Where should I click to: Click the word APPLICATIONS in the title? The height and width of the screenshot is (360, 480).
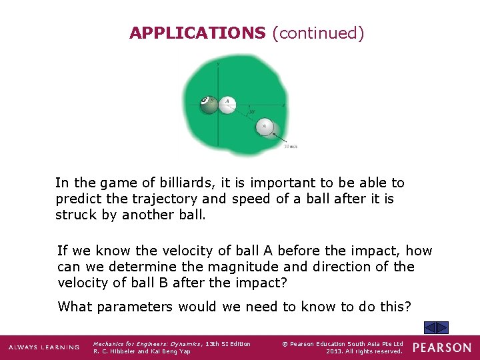pos(197,33)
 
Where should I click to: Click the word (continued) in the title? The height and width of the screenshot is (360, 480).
pos(318,33)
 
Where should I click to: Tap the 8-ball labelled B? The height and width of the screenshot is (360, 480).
pos(209,103)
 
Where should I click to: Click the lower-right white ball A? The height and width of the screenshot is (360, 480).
pos(265,126)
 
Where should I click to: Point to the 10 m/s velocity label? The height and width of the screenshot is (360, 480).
pos(291,145)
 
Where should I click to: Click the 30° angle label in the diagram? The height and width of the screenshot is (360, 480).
pos(252,113)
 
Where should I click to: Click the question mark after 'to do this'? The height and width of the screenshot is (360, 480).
pos(409,307)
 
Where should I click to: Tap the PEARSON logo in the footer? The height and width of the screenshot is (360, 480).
pos(441,347)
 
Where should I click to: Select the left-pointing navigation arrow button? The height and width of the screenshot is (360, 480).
pos(431,327)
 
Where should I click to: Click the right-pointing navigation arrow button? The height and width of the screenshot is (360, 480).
pos(443,327)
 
